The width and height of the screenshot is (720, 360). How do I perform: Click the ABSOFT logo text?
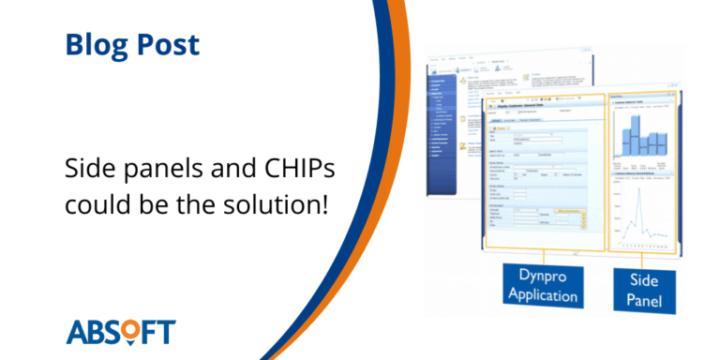121,332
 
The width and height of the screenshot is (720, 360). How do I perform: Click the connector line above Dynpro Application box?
545,257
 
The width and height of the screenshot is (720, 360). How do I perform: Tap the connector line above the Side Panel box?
643,257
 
